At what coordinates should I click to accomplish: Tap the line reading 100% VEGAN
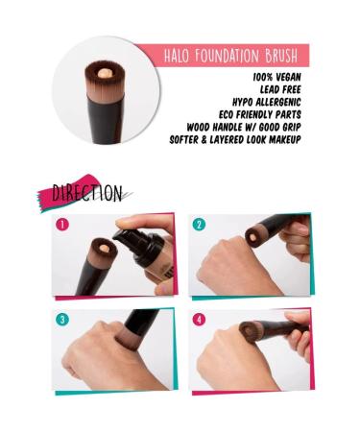point(276,76)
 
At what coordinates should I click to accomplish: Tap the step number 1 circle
point(63,226)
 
